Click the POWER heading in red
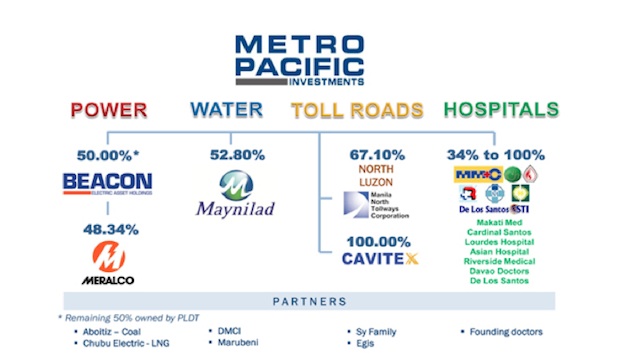pos(109,110)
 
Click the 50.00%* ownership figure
pos(108,155)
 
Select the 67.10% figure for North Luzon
pos(377,155)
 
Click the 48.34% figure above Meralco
pos(107,230)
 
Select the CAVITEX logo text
pos(383,261)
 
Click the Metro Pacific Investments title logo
pos(299,59)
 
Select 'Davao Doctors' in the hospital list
pos(498,271)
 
